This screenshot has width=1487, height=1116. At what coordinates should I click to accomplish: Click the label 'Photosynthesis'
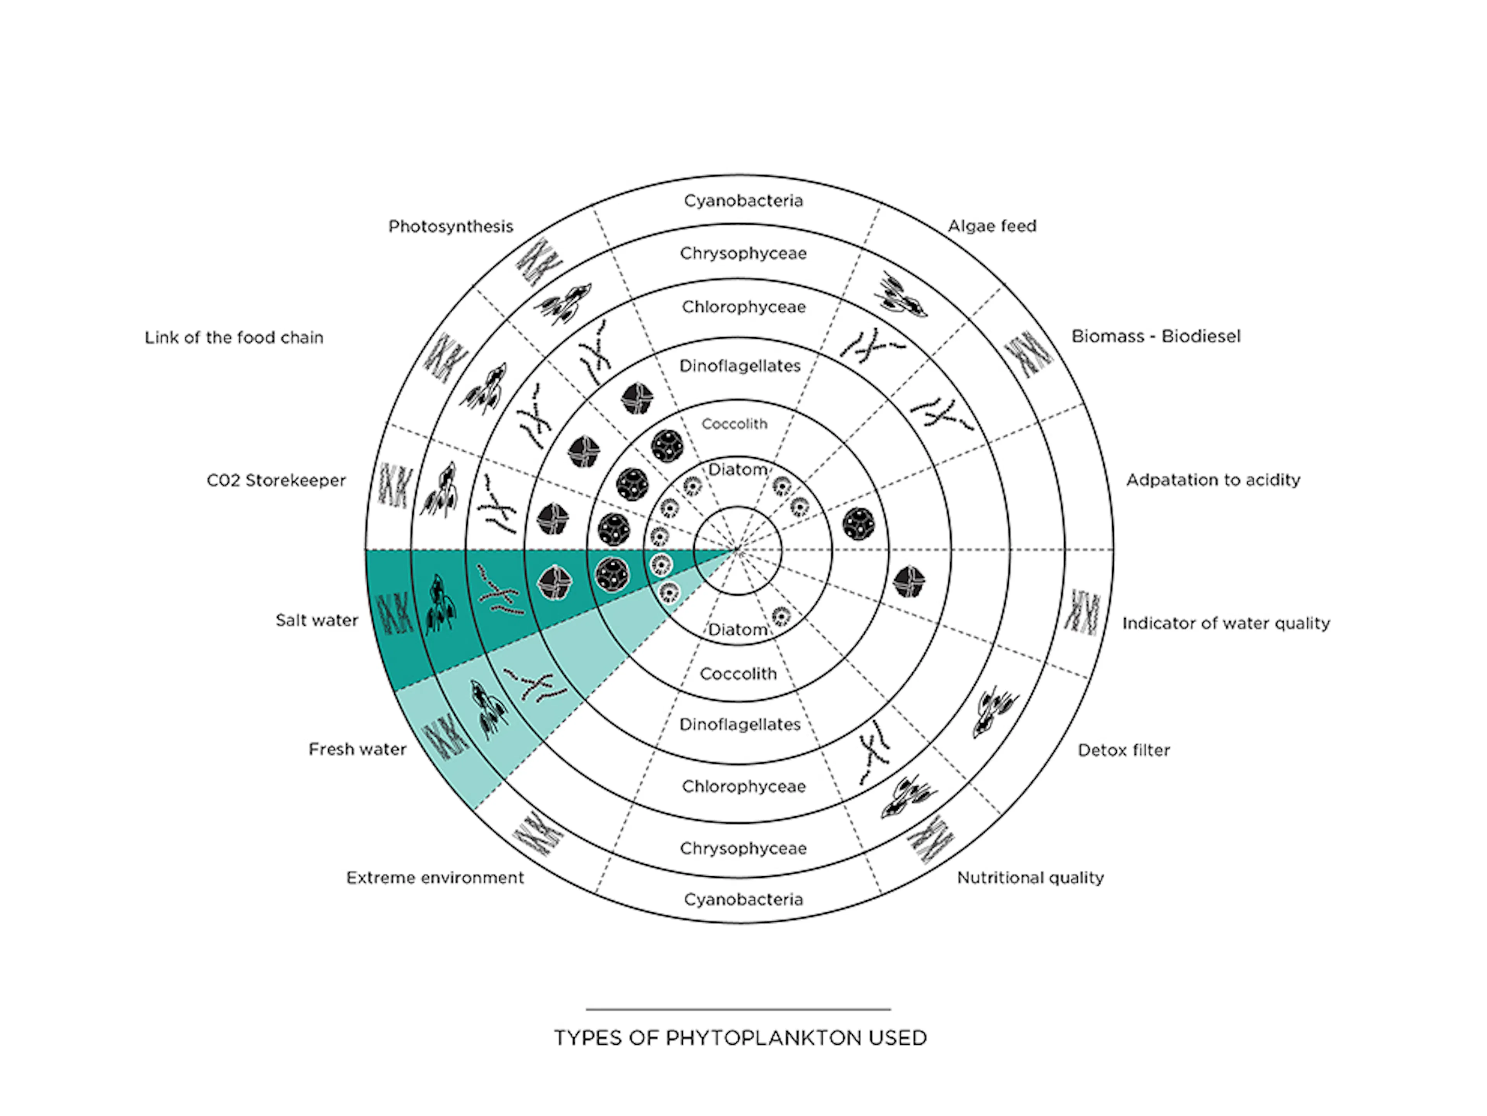click(x=450, y=227)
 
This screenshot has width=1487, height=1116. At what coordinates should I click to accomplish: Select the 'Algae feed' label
click(x=992, y=226)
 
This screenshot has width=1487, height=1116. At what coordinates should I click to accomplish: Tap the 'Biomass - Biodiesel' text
click(x=1156, y=336)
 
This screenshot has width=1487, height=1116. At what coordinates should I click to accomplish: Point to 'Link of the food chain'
click(x=234, y=338)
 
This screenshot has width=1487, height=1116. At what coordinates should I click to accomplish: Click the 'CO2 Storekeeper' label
click(x=276, y=481)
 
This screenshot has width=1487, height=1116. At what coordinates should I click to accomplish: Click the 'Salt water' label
click(x=317, y=620)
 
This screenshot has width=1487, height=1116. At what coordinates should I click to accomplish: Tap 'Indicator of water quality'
click(x=1226, y=623)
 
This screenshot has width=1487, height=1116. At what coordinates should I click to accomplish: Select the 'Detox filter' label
click(x=1123, y=750)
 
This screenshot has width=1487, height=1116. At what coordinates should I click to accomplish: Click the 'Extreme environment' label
click(x=435, y=877)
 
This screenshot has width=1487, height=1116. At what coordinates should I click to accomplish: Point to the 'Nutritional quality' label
click(x=1030, y=877)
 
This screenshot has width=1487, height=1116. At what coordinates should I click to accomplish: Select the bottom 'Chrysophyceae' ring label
click(x=743, y=848)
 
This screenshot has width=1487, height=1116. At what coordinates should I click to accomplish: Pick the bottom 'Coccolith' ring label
click(x=738, y=674)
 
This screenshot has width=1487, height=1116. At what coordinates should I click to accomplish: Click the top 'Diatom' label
click(x=737, y=469)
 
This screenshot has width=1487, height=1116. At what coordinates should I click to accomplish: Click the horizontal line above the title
click(x=738, y=1009)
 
